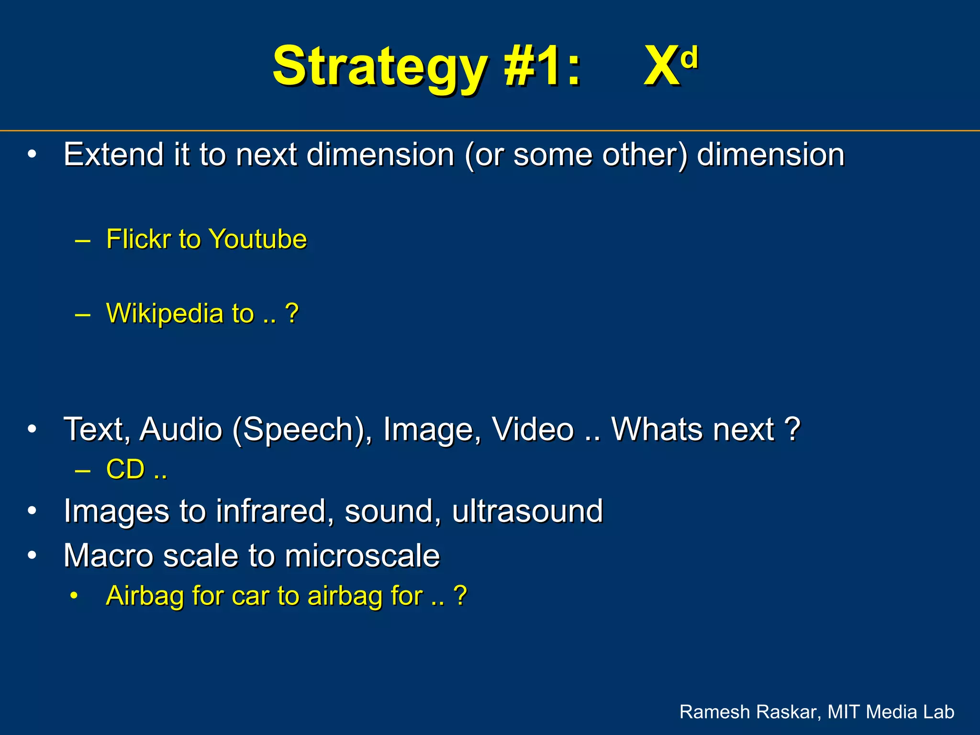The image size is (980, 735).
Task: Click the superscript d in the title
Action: [689, 57]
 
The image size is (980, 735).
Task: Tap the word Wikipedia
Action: [165, 313]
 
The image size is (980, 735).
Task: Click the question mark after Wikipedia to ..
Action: [291, 313]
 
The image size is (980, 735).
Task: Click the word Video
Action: [533, 429]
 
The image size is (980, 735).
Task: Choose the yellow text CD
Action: [125, 469]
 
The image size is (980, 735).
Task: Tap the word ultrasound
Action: [527, 511]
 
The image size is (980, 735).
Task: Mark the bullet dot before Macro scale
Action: [32, 556]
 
